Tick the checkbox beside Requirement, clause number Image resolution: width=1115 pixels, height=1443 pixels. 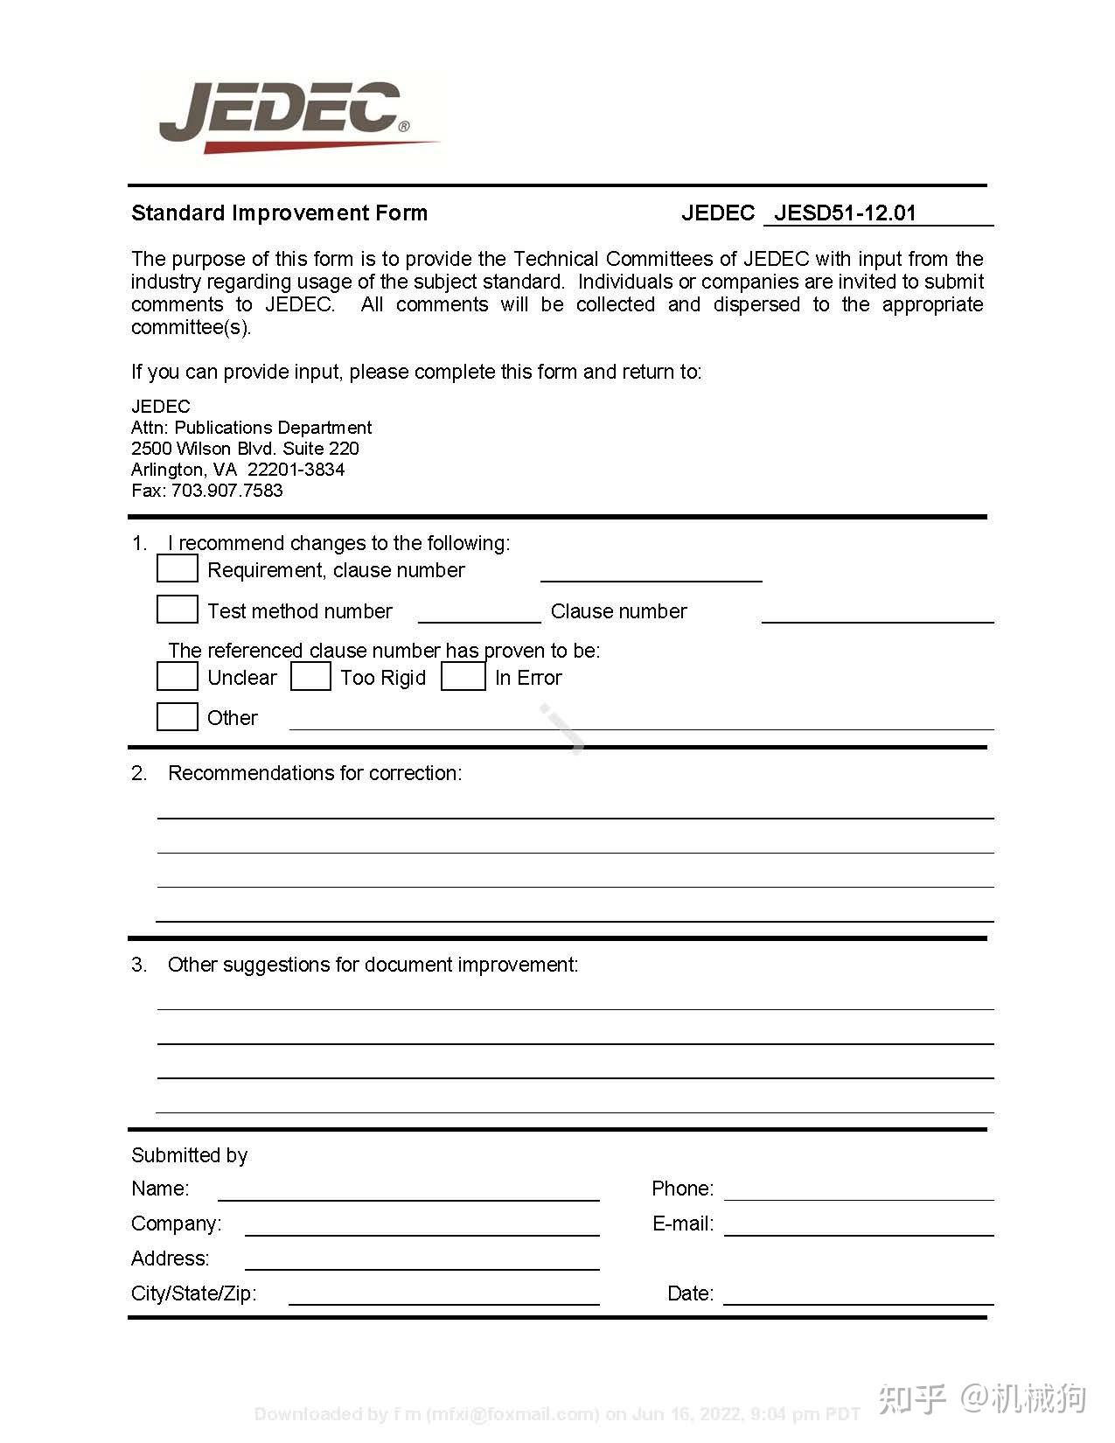(177, 568)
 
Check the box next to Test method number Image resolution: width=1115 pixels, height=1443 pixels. (177, 609)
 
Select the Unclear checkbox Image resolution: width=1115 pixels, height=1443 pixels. (177, 676)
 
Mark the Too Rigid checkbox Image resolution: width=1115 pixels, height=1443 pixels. (310, 676)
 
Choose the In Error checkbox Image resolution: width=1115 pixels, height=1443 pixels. (463, 676)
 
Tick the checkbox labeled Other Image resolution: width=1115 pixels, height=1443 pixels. (177, 716)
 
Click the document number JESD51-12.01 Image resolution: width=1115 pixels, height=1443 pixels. (845, 213)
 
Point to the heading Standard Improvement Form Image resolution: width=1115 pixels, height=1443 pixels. (279, 213)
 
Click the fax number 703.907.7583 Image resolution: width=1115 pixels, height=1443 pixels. (226, 490)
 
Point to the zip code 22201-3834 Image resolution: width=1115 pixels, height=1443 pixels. (296, 469)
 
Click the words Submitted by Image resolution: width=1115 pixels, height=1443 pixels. (189, 1155)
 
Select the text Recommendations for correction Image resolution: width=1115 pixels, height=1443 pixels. (314, 773)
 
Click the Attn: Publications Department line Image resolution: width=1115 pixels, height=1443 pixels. (251, 427)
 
